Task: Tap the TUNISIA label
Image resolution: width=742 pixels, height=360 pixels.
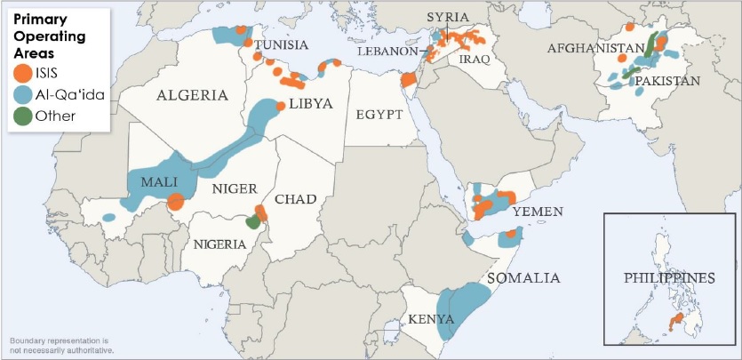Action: pos(281,45)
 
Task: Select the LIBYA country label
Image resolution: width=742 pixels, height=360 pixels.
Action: pos(310,104)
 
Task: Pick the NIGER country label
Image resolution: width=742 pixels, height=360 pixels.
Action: pos(235,188)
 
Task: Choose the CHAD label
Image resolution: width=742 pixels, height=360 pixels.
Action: pos(296,198)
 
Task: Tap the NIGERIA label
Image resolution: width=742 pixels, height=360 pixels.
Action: pos(219,244)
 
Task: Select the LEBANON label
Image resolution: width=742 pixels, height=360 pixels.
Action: pos(387,52)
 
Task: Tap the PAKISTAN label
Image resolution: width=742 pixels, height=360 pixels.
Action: pos(667,80)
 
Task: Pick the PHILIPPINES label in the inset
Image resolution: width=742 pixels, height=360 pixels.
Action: pos(670,277)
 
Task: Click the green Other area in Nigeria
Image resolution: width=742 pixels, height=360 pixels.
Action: pos(252,222)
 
